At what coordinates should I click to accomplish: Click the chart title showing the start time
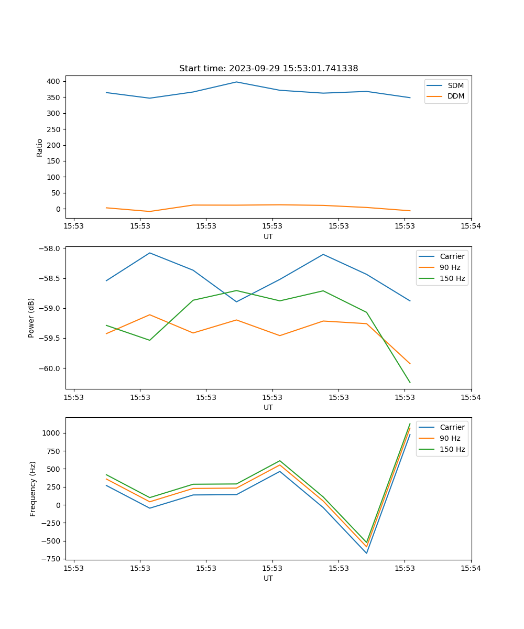(x=268, y=69)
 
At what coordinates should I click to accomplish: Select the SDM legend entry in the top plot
(x=455, y=85)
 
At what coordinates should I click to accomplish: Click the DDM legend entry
(x=455, y=96)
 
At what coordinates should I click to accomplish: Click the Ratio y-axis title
(x=39, y=147)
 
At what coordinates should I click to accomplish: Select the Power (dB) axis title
(x=31, y=318)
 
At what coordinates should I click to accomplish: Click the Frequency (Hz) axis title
(x=32, y=489)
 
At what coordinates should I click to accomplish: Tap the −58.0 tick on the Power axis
(x=50, y=248)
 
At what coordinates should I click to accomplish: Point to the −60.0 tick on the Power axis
(x=50, y=368)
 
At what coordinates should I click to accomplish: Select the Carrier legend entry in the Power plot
(x=452, y=256)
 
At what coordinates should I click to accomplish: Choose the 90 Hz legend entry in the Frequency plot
(x=450, y=438)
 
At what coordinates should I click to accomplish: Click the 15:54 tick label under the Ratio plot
(x=471, y=226)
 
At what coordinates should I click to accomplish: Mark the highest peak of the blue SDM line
(x=236, y=82)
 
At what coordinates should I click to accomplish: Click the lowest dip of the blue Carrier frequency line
(x=366, y=553)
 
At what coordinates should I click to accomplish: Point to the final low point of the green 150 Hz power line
(x=410, y=383)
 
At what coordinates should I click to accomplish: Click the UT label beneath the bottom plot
(x=268, y=578)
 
